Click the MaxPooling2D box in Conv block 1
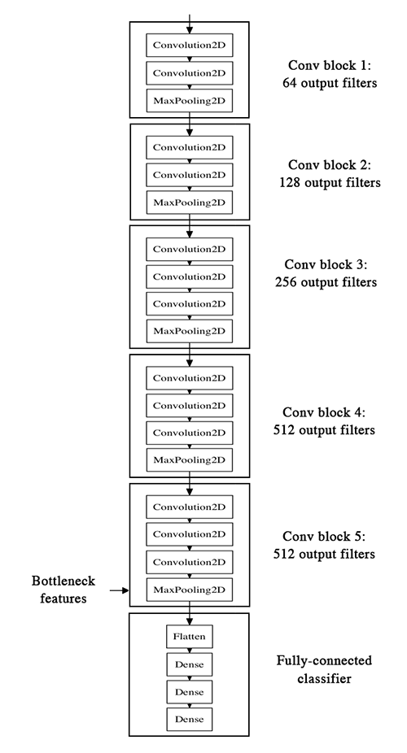click(x=189, y=101)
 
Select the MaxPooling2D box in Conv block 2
click(x=189, y=201)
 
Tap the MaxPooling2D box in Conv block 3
click(x=189, y=331)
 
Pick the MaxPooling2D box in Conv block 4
click(x=189, y=460)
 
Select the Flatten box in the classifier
click(x=189, y=635)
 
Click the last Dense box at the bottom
click(x=189, y=719)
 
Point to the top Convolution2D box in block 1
click(x=189, y=45)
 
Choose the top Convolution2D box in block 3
click(x=189, y=248)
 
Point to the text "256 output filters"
click(x=330, y=283)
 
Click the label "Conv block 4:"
click(x=330, y=411)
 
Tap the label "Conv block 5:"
click(x=330, y=538)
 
